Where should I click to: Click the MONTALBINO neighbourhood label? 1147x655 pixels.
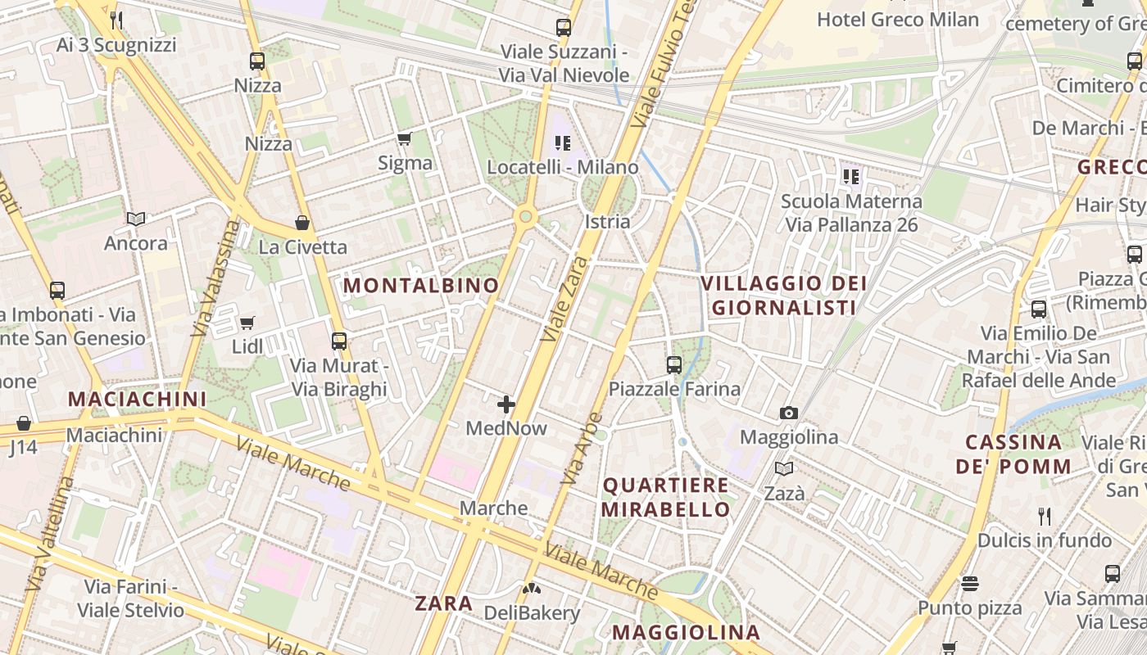click(x=420, y=286)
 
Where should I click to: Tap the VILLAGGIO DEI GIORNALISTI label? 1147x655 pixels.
click(x=783, y=296)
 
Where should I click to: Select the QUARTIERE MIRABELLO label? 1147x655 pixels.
click(x=666, y=497)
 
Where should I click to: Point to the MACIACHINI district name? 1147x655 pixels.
click(x=137, y=400)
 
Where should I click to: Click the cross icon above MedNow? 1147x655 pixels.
click(x=506, y=404)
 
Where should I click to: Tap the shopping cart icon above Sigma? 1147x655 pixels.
click(x=404, y=139)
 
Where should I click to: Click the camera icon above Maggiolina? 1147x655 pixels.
click(x=789, y=413)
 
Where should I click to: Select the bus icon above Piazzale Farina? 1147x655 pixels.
click(x=674, y=365)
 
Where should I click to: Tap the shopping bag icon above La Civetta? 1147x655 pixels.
click(x=302, y=223)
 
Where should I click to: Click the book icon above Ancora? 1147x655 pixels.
click(x=136, y=219)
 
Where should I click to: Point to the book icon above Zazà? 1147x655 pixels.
click(x=784, y=469)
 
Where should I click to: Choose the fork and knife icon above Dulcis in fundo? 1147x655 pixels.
click(x=1044, y=516)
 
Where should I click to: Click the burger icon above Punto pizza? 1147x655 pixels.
click(x=970, y=584)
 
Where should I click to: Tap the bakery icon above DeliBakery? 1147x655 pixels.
click(x=532, y=588)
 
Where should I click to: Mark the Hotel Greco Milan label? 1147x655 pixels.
click(x=898, y=20)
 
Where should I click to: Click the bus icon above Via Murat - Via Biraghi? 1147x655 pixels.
click(x=339, y=341)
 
